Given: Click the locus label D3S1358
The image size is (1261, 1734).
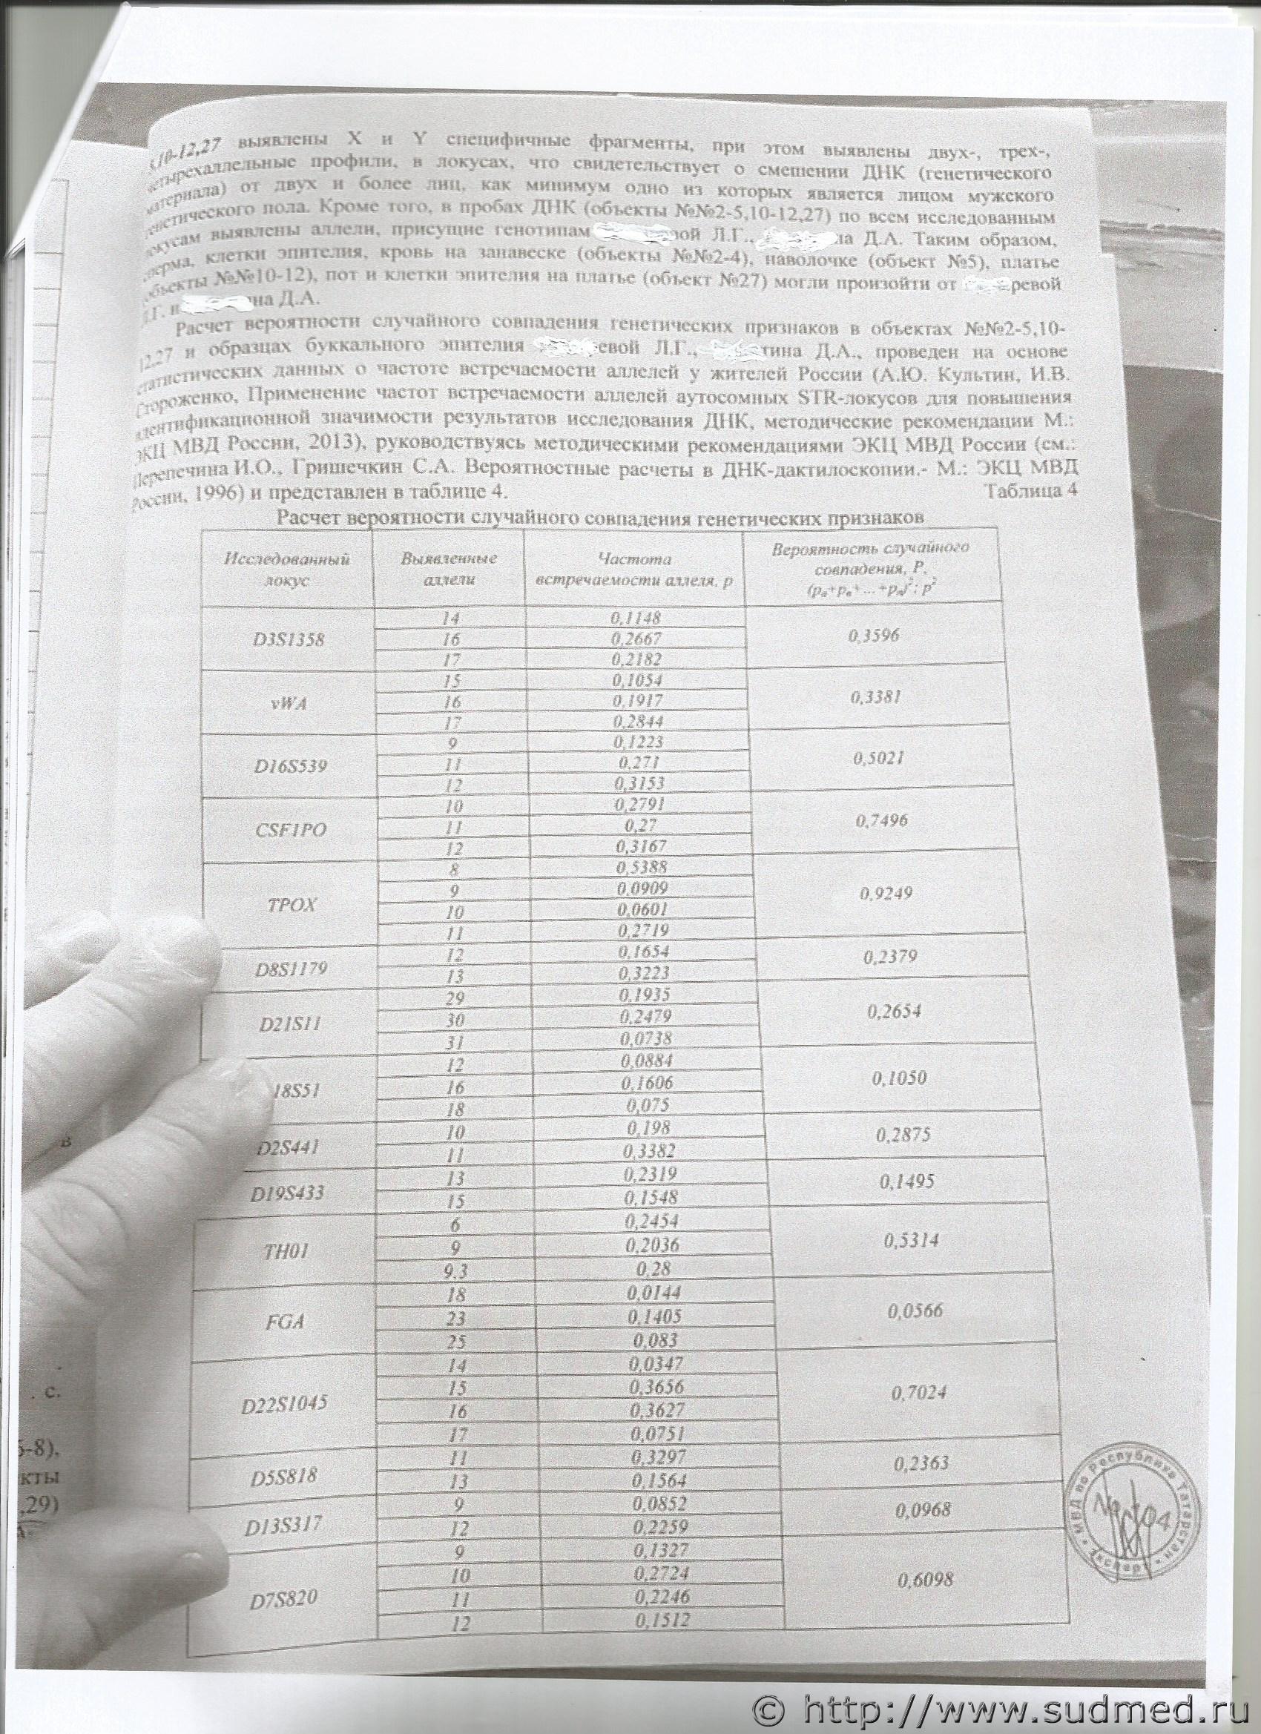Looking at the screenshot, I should [289, 639].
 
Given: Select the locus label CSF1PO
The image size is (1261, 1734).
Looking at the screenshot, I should [291, 829].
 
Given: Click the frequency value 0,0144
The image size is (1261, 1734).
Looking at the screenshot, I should [653, 1292].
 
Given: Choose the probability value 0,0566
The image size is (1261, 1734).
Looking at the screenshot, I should [915, 1311].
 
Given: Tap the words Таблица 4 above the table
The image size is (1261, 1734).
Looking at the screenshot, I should [1031, 491].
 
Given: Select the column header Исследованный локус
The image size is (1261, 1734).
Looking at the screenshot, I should [287, 570].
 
